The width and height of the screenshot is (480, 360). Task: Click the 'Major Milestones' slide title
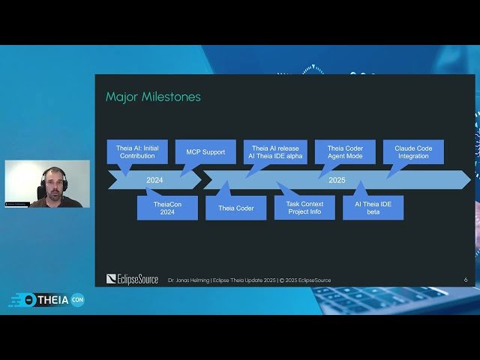pyautogui.click(x=153, y=97)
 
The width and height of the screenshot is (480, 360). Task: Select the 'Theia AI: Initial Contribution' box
pyautogui.click(x=137, y=151)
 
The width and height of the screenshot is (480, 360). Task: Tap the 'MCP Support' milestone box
pyautogui.click(x=205, y=151)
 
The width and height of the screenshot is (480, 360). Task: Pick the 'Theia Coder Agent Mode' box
pyautogui.click(x=345, y=151)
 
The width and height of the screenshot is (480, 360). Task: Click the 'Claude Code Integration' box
pyautogui.click(x=413, y=151)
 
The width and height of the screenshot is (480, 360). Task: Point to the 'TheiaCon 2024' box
pyautogui.click(x=167, y=208)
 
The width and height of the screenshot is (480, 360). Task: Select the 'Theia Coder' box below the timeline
pyautogui.click(x=235, y=208)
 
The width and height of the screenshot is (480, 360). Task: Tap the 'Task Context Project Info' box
pyautogui.click(x=304, y=208)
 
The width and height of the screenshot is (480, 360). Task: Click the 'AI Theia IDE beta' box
pyautogui.click(x=373, y=208)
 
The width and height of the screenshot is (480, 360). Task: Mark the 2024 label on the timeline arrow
pyautogui.click(x=154, y=180)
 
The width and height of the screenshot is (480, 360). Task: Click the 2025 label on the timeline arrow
pyautogui.click(x=337, y=180)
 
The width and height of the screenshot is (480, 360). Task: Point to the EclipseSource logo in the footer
pyautogui.click(x=133, y=280)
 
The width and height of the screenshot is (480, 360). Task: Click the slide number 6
pyautogui.click(x=466, y=280)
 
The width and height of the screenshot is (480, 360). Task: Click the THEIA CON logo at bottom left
pyautogui.click(x=46, y=299)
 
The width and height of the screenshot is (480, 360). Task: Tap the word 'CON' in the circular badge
pyautogui.click(x=77, y=299)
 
